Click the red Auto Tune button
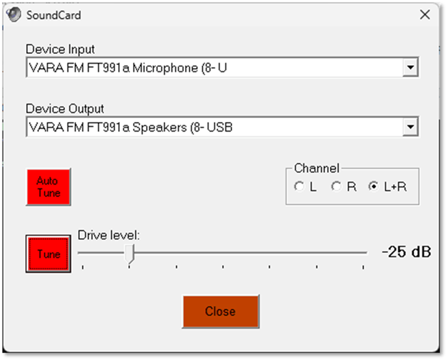[x=48, y=187]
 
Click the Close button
[x=220, y=311]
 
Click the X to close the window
[x=425, y=15]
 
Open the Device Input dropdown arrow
[x=409, y=68]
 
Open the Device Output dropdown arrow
[x=409, y=128]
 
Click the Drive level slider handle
[x=129, y=253]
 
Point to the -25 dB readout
[x=406, y=252]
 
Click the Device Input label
[x=60, y=50]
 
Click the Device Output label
[x=64, y=110]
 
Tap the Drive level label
[x=108, y=235]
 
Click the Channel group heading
[x=316, y=168]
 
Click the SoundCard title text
[x=53, y=15]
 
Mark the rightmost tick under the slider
[x=363, y=267]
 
